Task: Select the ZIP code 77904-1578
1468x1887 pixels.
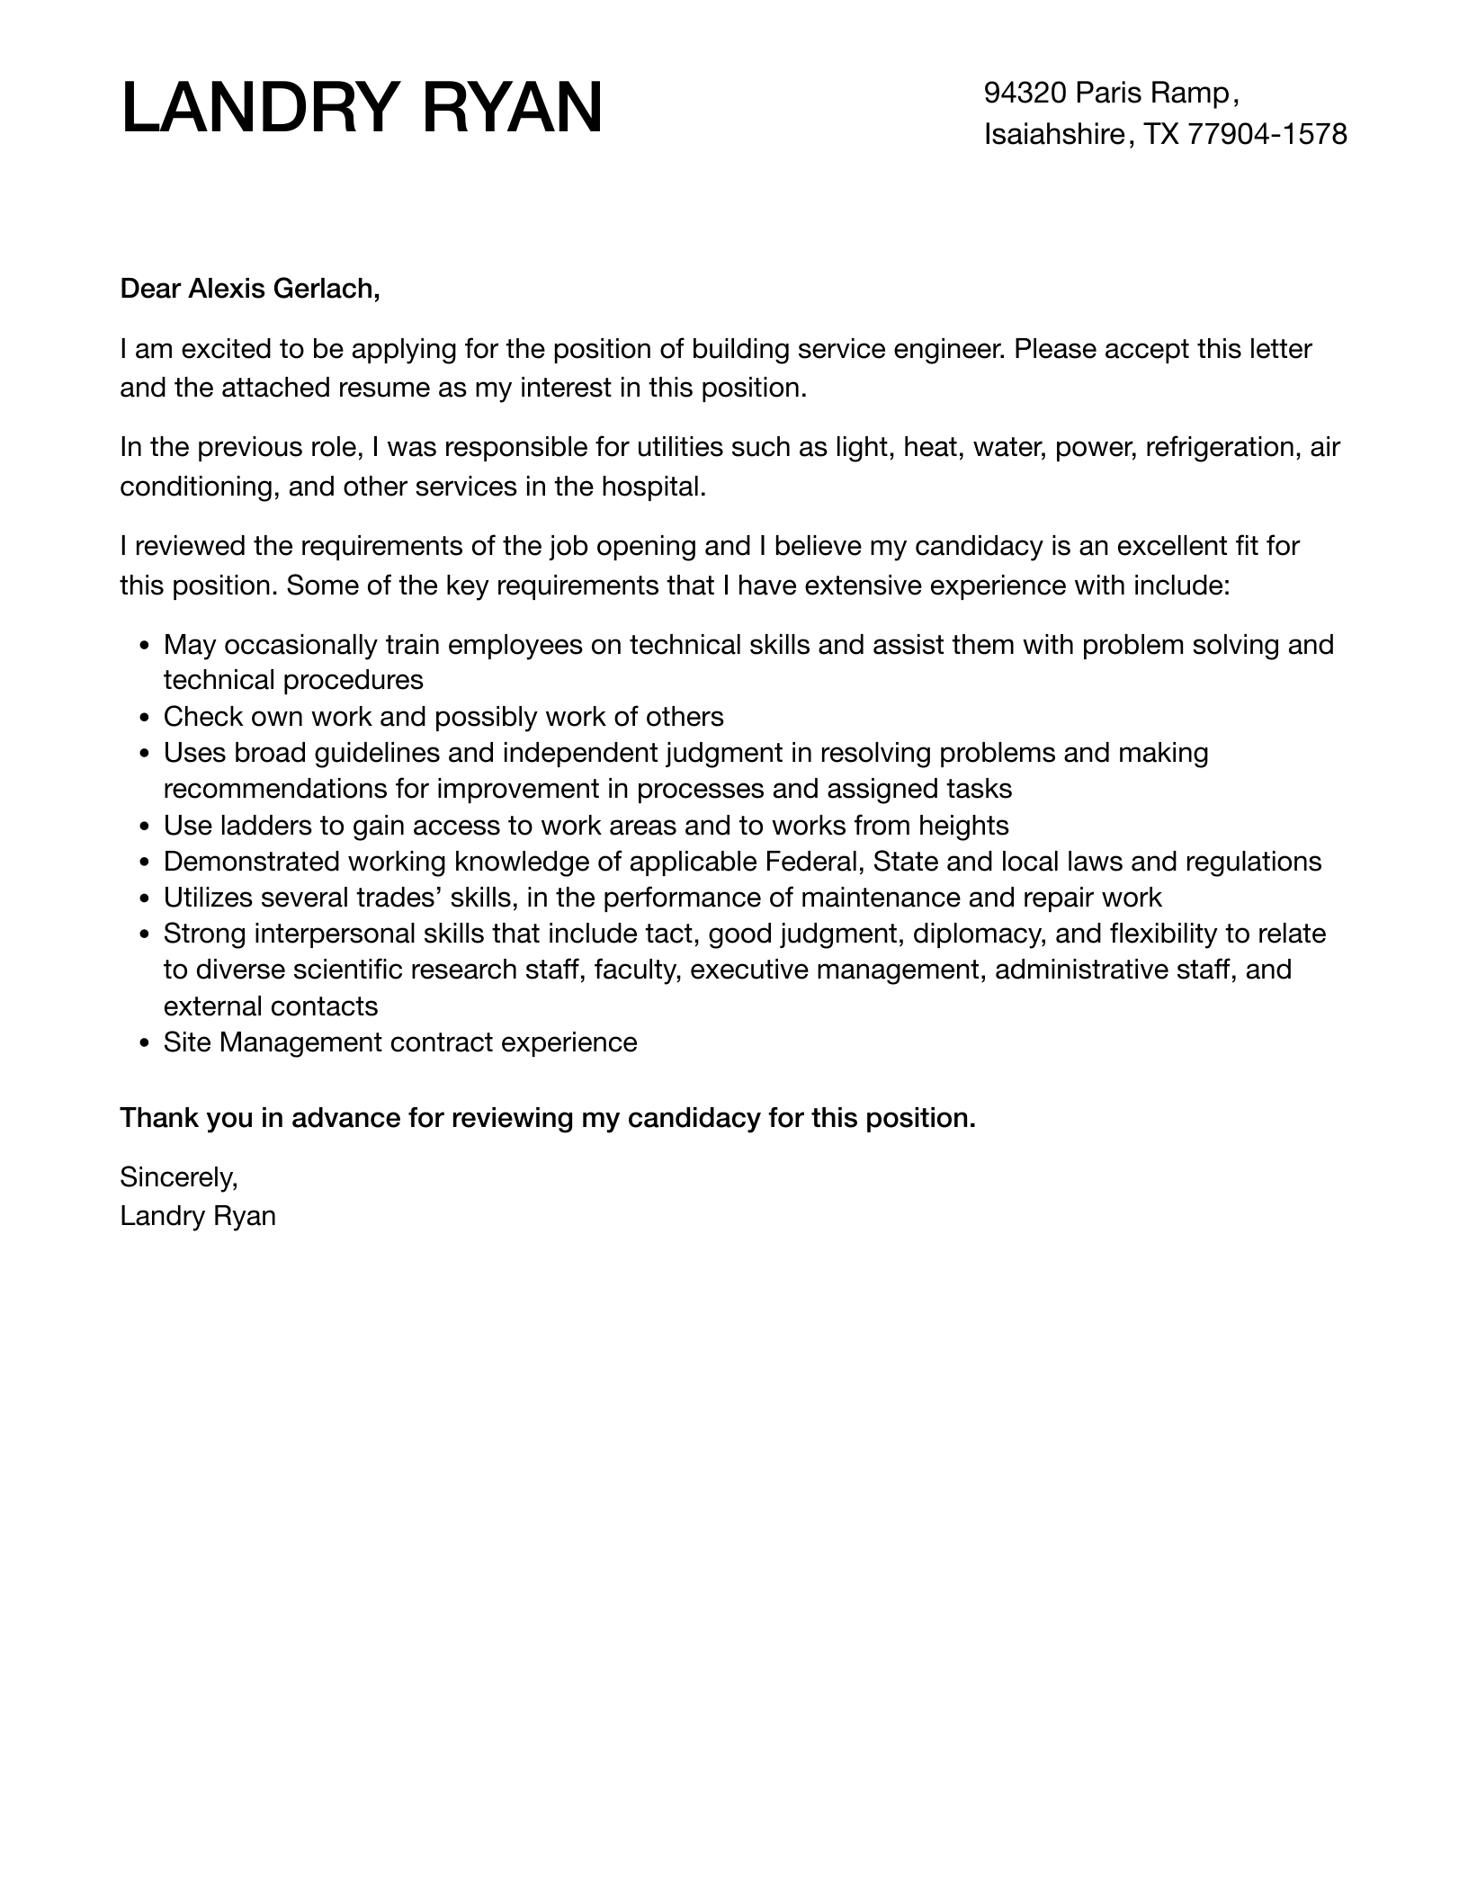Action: tap(1267, 135)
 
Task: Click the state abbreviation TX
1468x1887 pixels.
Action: tap(1160, 135)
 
